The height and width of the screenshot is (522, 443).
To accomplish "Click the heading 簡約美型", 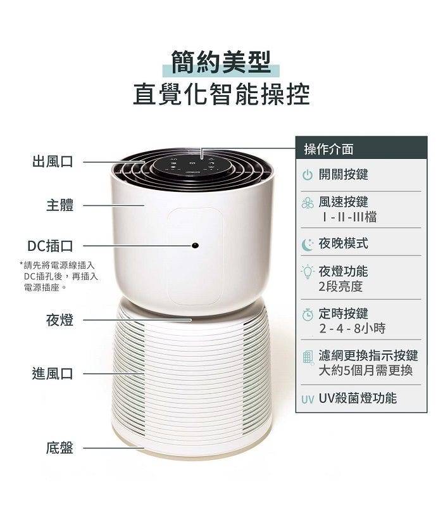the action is (x=221, y=63).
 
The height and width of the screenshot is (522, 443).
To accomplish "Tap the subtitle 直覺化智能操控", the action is (x=221, y=94).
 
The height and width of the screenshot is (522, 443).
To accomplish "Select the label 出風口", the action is (x=53, y=162).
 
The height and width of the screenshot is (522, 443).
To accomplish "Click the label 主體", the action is (x=59, y=205).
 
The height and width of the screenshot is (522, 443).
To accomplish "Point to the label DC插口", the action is (x=50, y=246).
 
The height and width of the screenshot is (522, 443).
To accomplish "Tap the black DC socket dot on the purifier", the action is (x=195, y=245).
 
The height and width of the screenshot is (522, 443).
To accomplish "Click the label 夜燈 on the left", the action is (x=59, y=320).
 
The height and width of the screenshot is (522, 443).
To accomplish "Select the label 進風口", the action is (x=53, y=374).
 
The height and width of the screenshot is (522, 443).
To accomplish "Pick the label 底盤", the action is (x=59, y=448).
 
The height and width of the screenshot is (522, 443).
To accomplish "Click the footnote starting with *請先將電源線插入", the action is (x=59, y=276).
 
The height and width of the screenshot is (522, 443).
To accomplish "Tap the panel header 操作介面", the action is (x=328, y=150).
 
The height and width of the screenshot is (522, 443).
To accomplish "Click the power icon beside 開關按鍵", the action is (x=308, y=175).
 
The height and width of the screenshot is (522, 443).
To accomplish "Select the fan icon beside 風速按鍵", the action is (x=308, y=203).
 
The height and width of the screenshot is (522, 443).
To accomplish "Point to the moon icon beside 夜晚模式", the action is (x=307, y=245).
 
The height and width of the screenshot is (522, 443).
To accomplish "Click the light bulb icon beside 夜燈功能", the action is (x=308, y=272).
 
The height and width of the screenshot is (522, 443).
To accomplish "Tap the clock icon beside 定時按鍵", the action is (x=308, y=314).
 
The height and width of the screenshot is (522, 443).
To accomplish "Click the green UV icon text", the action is (x=308, y=400).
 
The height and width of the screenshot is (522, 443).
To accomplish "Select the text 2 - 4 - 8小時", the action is (x=352, y=329).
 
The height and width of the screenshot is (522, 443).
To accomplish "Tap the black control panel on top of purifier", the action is (x=192, y=166).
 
